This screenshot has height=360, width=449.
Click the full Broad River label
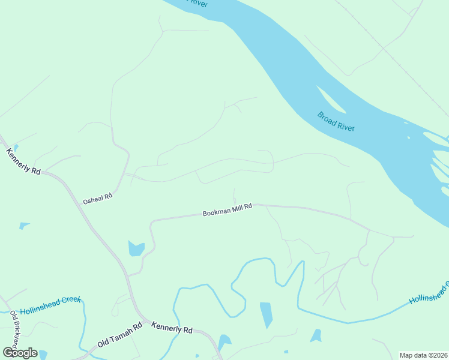point(336,121)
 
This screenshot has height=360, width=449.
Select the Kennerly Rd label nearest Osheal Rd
point(23,161)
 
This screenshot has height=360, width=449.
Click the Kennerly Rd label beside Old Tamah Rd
point(172,329)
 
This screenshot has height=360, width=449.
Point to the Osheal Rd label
point(98,197)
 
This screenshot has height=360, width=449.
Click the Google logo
point(20,353)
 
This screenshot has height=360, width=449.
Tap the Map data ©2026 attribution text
point(423,355)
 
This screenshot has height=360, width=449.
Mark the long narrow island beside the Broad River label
point(331,100)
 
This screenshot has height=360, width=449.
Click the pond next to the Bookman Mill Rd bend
point(136,248)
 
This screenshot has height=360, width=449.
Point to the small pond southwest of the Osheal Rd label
point(24,226)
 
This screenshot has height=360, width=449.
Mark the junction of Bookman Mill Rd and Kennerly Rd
point(128,275)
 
